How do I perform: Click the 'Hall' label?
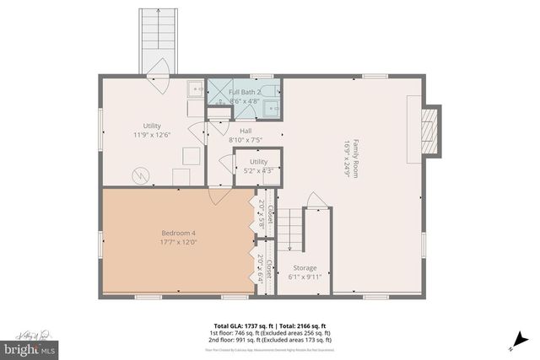245,131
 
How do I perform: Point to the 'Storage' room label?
305,267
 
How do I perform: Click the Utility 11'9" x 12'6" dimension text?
152,133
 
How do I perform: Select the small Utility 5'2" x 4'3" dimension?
257,171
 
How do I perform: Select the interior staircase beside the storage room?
291,230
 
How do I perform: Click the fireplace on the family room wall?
429,132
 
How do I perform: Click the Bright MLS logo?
30,347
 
